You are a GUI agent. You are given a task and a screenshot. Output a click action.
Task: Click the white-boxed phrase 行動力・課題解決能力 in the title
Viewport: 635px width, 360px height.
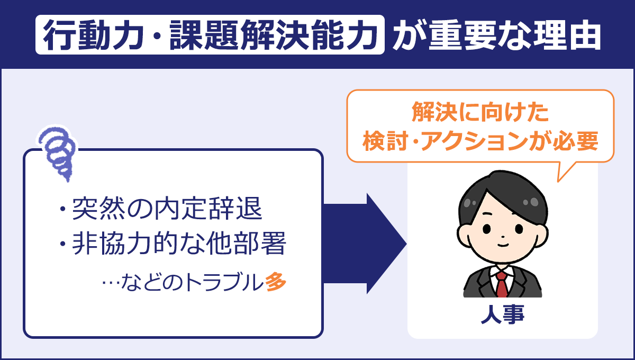(210, 37)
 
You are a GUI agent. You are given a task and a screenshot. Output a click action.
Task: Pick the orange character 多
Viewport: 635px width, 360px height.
(276, 282)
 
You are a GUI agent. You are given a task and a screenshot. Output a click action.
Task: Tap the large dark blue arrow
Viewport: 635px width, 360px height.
(365, 244)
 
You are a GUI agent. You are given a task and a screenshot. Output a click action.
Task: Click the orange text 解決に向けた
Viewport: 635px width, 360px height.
(480, 113)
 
